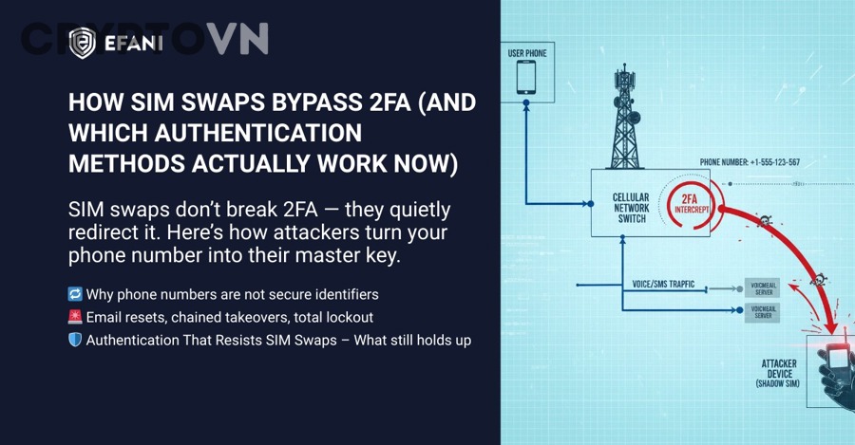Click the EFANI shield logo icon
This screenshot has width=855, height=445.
(82, 43)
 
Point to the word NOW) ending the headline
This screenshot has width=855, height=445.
(420, 163)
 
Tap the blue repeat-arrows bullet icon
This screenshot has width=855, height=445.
(75, 294)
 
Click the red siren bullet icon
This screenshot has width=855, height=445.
(75, 317)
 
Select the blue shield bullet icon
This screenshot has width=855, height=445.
(75, 340)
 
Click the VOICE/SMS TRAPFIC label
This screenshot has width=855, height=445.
(664, 284)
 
